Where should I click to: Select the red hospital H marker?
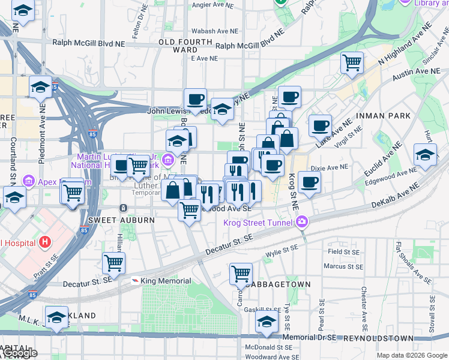pyautogui.click(x=44, y=243)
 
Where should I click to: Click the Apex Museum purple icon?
pyautogui.click(x=27, y=181)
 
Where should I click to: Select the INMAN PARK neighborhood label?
pyautogui.click(x=382, y=115)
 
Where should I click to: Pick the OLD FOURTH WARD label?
pyautogui.click(x=185, y=46)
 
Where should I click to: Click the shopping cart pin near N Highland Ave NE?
pyautogui.click(x=352, y=62)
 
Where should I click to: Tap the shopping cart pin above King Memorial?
pyautogui.click(x=113, y=262)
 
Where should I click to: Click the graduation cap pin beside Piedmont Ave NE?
pyautogui.click(x=40, y=86)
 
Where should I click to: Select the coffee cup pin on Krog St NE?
pyautogui.click(x=309, y=182)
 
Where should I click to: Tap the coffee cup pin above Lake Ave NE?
pyautogui.click(x=321, y=125)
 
